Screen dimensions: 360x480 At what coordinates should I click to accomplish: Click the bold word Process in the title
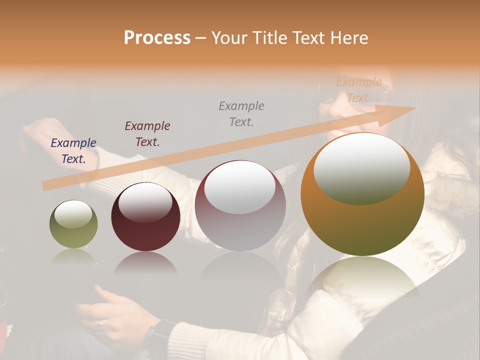pos(157,38)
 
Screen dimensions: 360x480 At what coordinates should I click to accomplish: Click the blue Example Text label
pos(73,151)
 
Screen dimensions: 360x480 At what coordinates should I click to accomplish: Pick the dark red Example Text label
pos(147,134)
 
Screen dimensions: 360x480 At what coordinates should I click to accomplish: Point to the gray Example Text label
pos(241,113)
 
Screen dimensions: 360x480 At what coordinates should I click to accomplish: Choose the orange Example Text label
pos(359,90)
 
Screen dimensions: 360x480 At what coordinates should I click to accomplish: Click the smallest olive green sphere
pos(73,224)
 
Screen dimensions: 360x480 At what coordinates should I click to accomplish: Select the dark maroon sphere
pos(145,217)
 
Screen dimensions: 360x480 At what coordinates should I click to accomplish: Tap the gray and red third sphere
pos(240,205)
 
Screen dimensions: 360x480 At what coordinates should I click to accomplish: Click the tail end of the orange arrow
pos(46,186)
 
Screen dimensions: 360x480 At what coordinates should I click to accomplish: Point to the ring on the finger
pos(100,323)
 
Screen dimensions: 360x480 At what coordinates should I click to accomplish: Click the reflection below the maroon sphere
pos(145,262)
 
